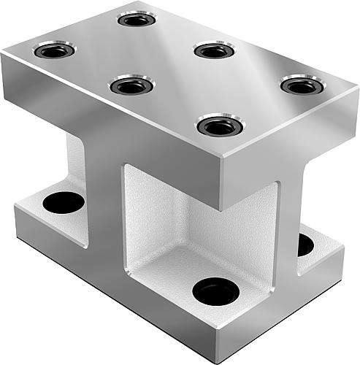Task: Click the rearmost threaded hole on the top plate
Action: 137,19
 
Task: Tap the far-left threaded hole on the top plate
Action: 54,51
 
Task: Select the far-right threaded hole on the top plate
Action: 302,85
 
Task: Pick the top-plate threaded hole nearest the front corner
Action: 220,126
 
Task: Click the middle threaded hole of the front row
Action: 131,85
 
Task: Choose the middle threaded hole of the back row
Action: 214,51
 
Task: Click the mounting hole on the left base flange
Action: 64,202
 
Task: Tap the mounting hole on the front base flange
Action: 215,292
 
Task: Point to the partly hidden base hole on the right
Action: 305,245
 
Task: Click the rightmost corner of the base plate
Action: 344,252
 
